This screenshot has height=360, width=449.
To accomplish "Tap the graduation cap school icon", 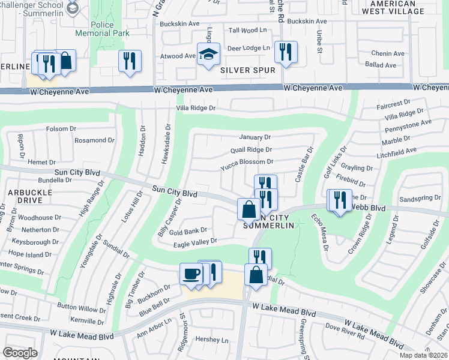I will tap(208, 55).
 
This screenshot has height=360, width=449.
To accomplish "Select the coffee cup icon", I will tap(191, 274).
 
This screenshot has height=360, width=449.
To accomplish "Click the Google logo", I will tap(20, 352).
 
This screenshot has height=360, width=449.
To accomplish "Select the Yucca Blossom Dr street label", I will tap(247, 162).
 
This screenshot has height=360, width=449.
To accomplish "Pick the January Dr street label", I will tap(255, 137).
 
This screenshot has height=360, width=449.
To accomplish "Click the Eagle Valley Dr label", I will tap(195, 242).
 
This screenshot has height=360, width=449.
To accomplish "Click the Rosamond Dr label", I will tap(94, 140).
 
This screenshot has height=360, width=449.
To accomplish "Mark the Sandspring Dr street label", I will tap(420, 197).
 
